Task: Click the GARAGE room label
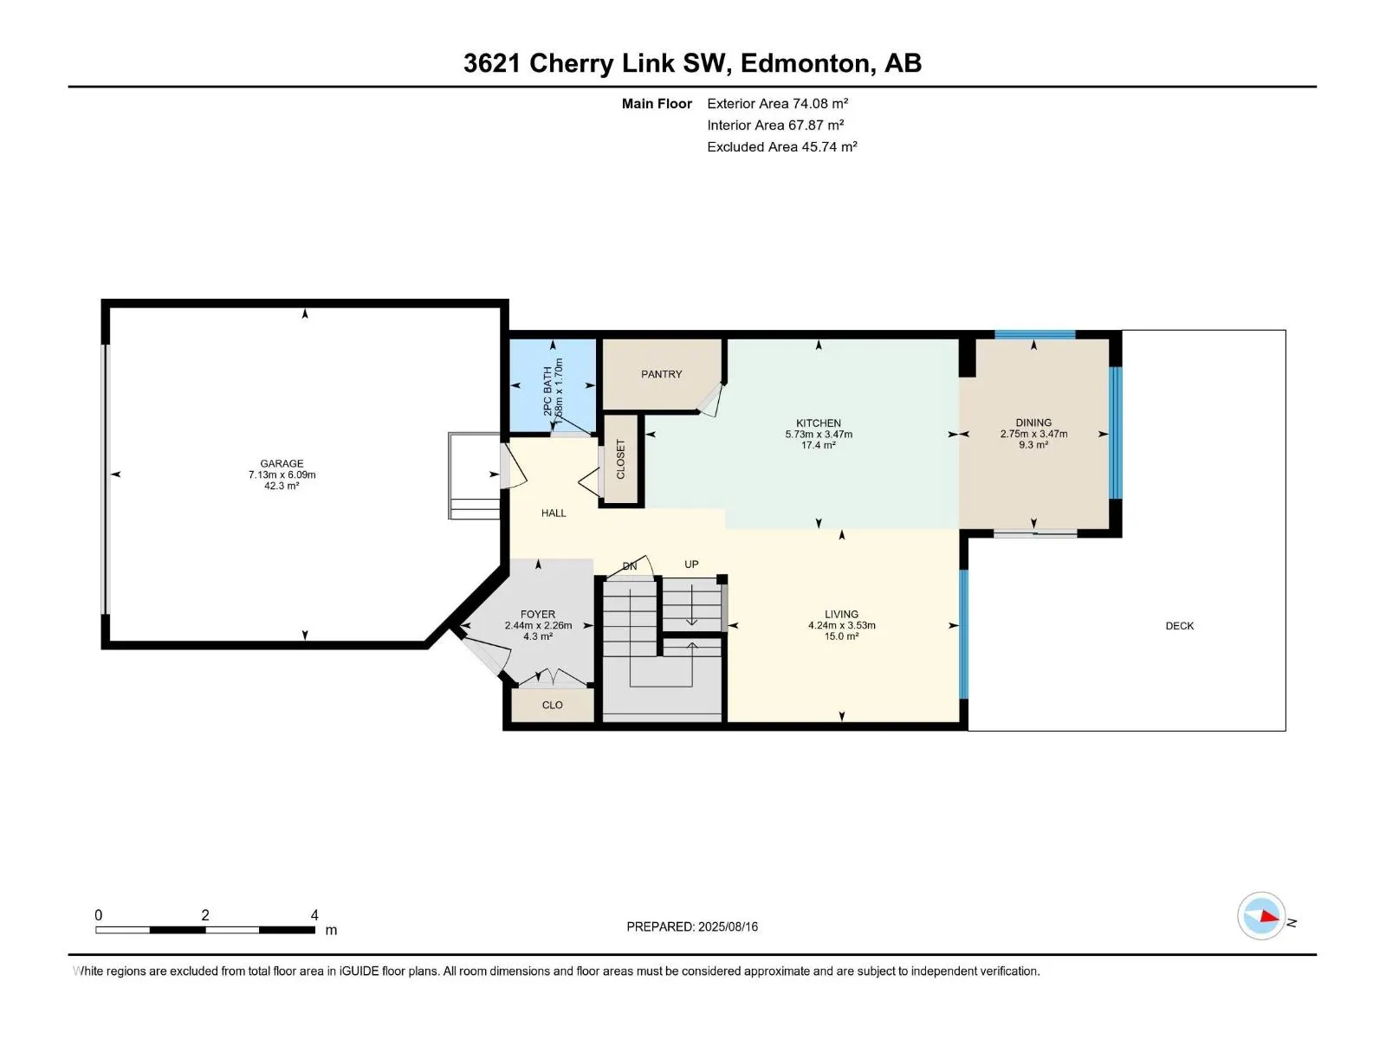click(x=282, y=463)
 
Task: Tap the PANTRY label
click(x=661, y=374)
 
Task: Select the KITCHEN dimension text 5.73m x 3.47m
click(x=819, y=434)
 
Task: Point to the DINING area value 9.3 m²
click(x=1033, y=445)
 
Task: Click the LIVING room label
click(x=841, y=614)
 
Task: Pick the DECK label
click(x=1179, y=626)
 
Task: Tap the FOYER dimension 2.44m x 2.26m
click(x=538, y=625)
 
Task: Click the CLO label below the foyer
click(x=552, y=706)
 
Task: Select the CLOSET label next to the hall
click(x=620, y=459)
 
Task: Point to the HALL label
click(x=554, y=513)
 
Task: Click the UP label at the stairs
click(x=691, y=564)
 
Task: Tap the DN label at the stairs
click(x=630, y=566)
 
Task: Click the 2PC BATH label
click(x=547, y=391)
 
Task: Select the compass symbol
click(x=1261, y=916)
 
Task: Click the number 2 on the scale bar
click(x=205, y=914)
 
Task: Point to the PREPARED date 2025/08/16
click(x=728, y=926)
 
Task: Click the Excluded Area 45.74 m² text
click(x=781, y=147)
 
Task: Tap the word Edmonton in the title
click(x=805, y=64)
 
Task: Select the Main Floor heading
click(x=657, y=103)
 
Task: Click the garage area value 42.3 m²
click(x=282, y=486)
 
